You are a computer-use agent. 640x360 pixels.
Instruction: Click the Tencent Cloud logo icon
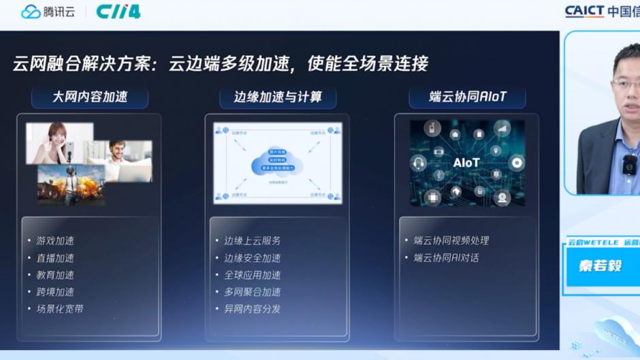31,12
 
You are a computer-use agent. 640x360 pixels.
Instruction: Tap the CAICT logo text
584,11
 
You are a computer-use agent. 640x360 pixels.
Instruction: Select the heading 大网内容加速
90,97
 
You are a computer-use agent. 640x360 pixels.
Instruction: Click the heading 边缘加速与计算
278,97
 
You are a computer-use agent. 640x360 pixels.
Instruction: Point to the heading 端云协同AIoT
467,97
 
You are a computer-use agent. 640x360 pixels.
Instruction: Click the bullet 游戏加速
55,241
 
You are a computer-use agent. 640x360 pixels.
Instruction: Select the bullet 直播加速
55,258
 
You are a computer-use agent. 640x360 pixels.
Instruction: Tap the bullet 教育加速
55,275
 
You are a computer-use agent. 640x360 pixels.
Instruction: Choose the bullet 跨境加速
55,292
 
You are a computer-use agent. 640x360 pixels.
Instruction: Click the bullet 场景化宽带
60,309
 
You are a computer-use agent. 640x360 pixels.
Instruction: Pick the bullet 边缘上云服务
253,241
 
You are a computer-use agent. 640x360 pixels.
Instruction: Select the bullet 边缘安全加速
253,258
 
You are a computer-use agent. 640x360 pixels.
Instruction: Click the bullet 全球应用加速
253,275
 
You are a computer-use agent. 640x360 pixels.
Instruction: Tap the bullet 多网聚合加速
253,292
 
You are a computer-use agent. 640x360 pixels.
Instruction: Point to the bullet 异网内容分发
253,309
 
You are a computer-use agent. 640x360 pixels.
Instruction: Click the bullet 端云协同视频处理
451,241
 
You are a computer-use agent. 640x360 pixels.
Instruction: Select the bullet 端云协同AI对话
447,258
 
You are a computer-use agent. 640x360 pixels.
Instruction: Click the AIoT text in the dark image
466,163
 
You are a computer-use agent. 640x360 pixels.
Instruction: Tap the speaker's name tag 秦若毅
601,265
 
